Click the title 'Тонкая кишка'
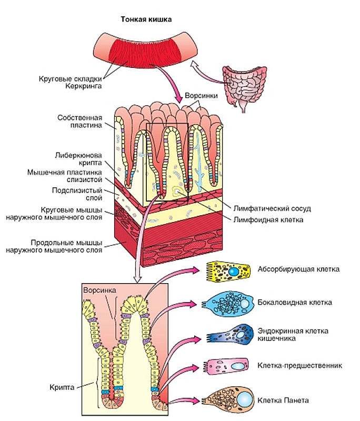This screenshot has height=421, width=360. pyautogui.click(x=146, y=19)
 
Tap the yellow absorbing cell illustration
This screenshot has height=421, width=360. pyautogui.click(x=228, y=272)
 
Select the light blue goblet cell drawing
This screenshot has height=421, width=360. pyautogui.click(x=228, y=304)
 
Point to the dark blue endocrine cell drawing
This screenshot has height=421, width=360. pyautogui.click(x=231, y=335)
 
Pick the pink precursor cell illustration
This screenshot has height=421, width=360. pyautogui.click(x=226, y=366)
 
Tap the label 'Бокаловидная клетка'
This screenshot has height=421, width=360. pyautogui.click(x=295, y=302)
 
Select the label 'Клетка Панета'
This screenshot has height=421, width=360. pyautogui.click(x=283, y=400)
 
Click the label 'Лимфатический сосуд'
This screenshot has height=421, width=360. pyautogui.click(x=272, y=208)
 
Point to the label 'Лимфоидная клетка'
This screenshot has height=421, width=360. pyautogui.click(x=268, y=219)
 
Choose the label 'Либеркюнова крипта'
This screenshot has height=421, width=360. pyautogui.click(x=78, y=159)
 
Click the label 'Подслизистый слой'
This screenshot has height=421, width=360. pyautogui.click(x=77, y=194)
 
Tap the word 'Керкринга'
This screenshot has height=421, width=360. pyautogui.click(x=84, y=86)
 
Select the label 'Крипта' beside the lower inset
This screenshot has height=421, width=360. pyautogui.click(x=62, y=387)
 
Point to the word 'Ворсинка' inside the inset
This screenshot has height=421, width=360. pyautogui.click(x=99, y=290)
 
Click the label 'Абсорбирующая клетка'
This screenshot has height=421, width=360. pyautogui.click(x=298, y=269)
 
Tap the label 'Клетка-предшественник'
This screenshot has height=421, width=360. pyautogui.click(x=299, y=365)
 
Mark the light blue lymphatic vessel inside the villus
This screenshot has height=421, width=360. pyautogui.click(x=199, y=162)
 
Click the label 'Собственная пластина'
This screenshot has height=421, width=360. pyautogui.click(x=79, y=122)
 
